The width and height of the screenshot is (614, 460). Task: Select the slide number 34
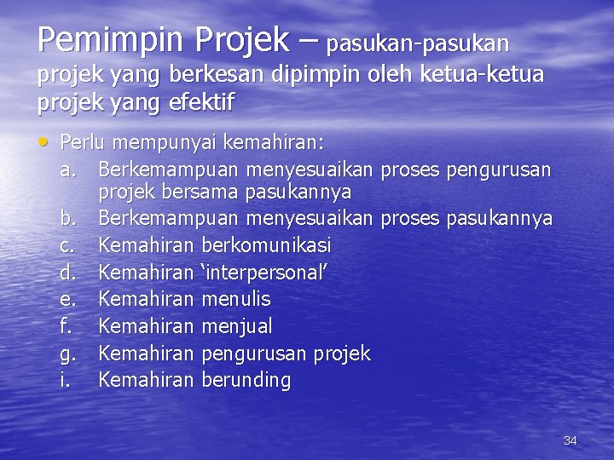point(571,440)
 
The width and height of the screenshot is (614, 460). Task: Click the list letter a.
point(68,165)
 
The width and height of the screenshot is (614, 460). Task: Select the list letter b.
point(68,219)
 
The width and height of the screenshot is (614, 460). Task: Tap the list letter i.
point(66,380)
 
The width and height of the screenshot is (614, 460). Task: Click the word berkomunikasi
point(266,245)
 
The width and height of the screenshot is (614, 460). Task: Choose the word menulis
point(235,299)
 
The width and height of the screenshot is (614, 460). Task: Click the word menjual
point(236,326)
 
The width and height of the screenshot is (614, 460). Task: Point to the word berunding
point(246,380)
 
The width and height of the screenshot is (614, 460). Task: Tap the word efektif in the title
point(206,103)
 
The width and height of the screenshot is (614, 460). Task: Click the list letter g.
point(68,354)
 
